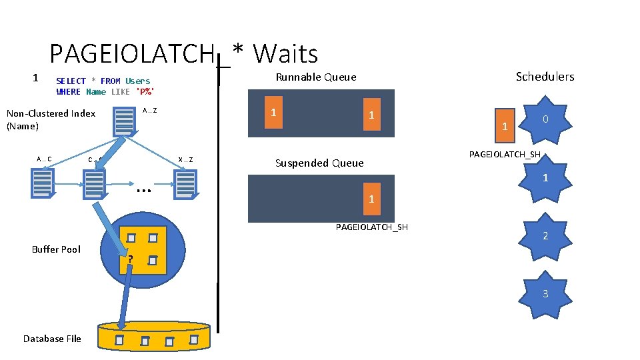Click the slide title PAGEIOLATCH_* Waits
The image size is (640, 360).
183,53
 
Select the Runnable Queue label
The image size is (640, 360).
316,77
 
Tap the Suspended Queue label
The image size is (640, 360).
319,163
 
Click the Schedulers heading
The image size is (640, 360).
545,77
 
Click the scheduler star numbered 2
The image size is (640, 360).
545,236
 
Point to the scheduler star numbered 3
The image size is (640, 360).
545,293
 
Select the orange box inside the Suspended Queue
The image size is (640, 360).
371,199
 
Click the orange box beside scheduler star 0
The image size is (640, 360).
505,125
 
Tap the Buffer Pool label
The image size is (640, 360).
56,249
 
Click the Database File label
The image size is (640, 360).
52,339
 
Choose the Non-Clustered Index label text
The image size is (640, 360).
51,119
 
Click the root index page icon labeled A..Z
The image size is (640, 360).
124,120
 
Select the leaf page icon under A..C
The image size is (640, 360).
42,183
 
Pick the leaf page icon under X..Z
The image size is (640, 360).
185,184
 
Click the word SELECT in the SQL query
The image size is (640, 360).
71,81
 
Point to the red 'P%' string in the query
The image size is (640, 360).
145,92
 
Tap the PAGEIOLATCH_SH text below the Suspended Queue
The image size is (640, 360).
371,227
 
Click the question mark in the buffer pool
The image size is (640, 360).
131,259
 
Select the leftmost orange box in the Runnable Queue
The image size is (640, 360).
273,113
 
